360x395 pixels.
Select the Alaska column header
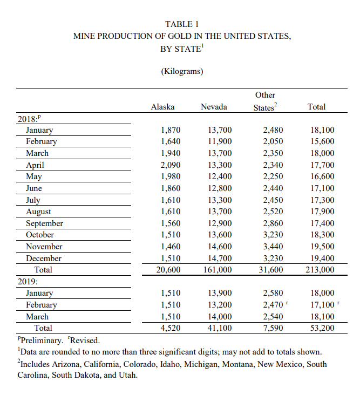click(162, 107)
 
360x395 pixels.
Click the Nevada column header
click(214, 107)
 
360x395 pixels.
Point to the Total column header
click(316, 107)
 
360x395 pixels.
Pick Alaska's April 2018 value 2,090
click(171, 165)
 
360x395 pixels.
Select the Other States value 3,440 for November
click(273, 247)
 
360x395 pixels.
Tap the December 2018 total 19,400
click(323, 258)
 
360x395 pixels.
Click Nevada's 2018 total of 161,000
click(217, 270)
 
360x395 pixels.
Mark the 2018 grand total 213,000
click(320, 270)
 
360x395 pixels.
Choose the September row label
click(44, 223)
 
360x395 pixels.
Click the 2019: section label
click(28, 281)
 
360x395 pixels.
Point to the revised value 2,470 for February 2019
click(273, 305)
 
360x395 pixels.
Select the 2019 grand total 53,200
click(323, 328)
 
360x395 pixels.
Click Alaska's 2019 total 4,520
click(171, 328)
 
